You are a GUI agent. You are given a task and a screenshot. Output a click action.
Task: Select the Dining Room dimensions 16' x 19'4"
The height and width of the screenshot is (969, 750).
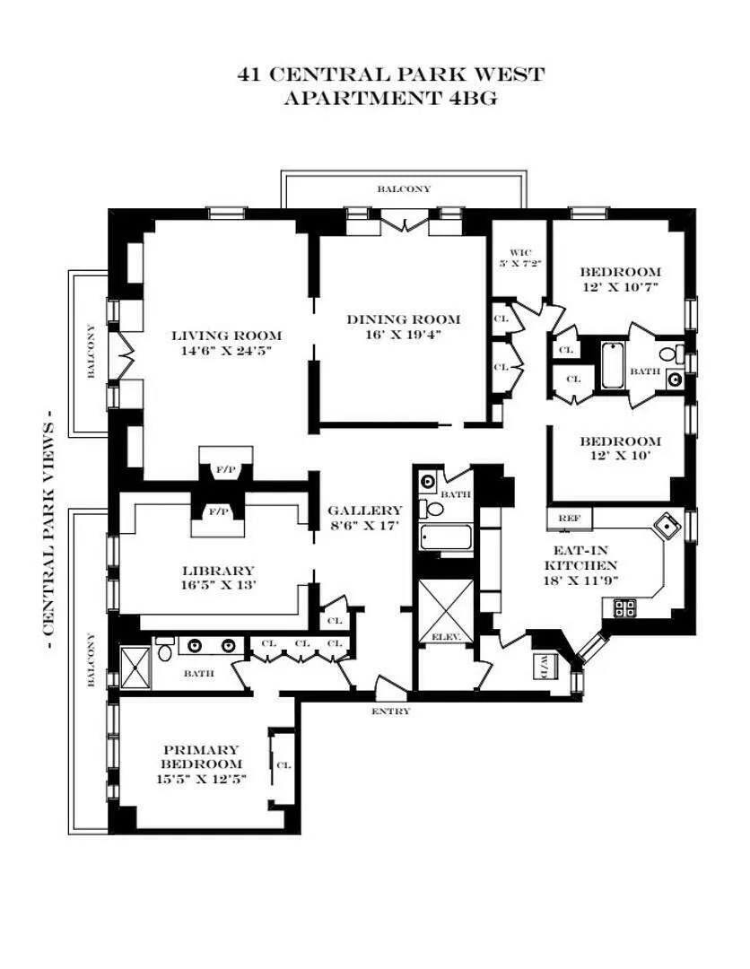pos(403,335)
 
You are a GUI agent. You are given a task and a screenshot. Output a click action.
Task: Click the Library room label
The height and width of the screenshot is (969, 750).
pos(218,571)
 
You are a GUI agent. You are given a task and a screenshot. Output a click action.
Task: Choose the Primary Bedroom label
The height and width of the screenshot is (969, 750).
pos(200,750)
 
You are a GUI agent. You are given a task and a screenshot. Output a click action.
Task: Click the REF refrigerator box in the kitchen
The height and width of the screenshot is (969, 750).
pos(567,519)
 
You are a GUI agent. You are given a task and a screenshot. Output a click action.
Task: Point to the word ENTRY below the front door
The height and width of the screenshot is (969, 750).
pos(390,711)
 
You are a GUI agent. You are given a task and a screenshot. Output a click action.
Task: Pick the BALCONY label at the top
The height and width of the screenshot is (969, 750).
pos(403,189)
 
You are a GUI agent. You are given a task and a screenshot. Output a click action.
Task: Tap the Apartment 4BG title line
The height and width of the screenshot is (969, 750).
pos(390,99)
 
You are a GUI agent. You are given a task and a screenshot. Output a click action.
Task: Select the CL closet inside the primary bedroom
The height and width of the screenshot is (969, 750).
pos(283,765)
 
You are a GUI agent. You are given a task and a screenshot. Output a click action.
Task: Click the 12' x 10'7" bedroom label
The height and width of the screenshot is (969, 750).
pos(620,279)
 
